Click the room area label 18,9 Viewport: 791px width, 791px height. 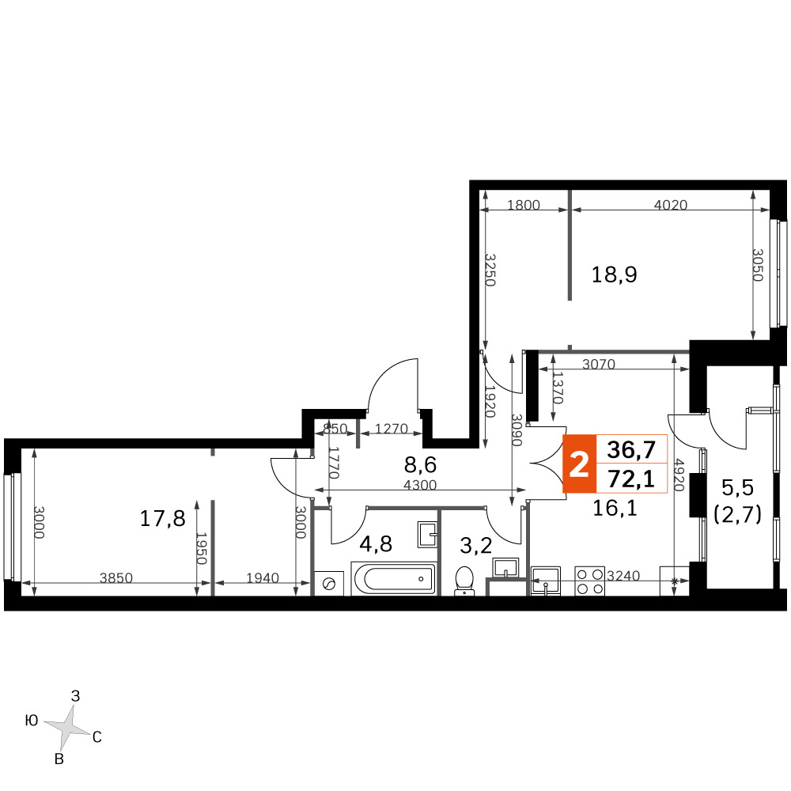tap(614, 275)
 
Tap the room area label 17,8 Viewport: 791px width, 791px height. tap(162, 519)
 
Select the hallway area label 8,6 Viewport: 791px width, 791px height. tap(420, 464)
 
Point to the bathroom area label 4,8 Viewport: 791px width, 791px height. tap(376, 544)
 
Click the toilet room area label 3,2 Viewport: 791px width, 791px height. tap(476, 545)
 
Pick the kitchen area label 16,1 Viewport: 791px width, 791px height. tap(615, 509)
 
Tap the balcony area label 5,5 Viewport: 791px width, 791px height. tap(737, 488)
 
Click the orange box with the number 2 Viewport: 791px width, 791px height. tap(579, 464)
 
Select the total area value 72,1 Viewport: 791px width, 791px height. tap(631, 479)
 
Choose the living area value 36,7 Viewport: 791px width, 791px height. tap(631, 449)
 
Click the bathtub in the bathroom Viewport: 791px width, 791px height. tap(393, 579)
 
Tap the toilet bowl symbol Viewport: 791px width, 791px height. tap(464, 581)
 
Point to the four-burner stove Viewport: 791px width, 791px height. tap(590, 581)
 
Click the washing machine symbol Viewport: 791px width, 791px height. tap(329, 584)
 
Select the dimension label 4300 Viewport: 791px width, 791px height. tap(420, 485)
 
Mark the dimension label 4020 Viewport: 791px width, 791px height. tap(671, 205)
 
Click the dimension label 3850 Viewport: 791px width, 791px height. tap(116, 577)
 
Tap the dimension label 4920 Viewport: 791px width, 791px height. tap(679, 475)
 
